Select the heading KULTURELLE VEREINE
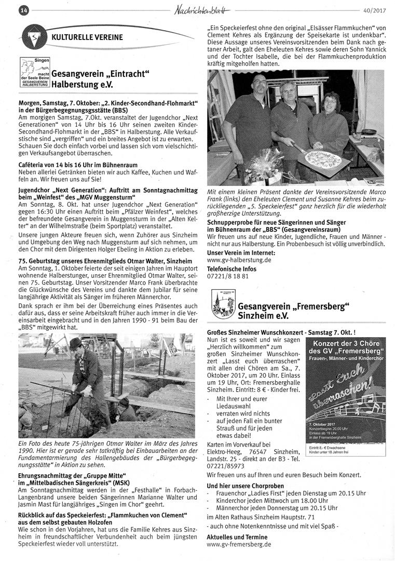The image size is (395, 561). pos(87,37)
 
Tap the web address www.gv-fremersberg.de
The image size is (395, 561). pos(239,544)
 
